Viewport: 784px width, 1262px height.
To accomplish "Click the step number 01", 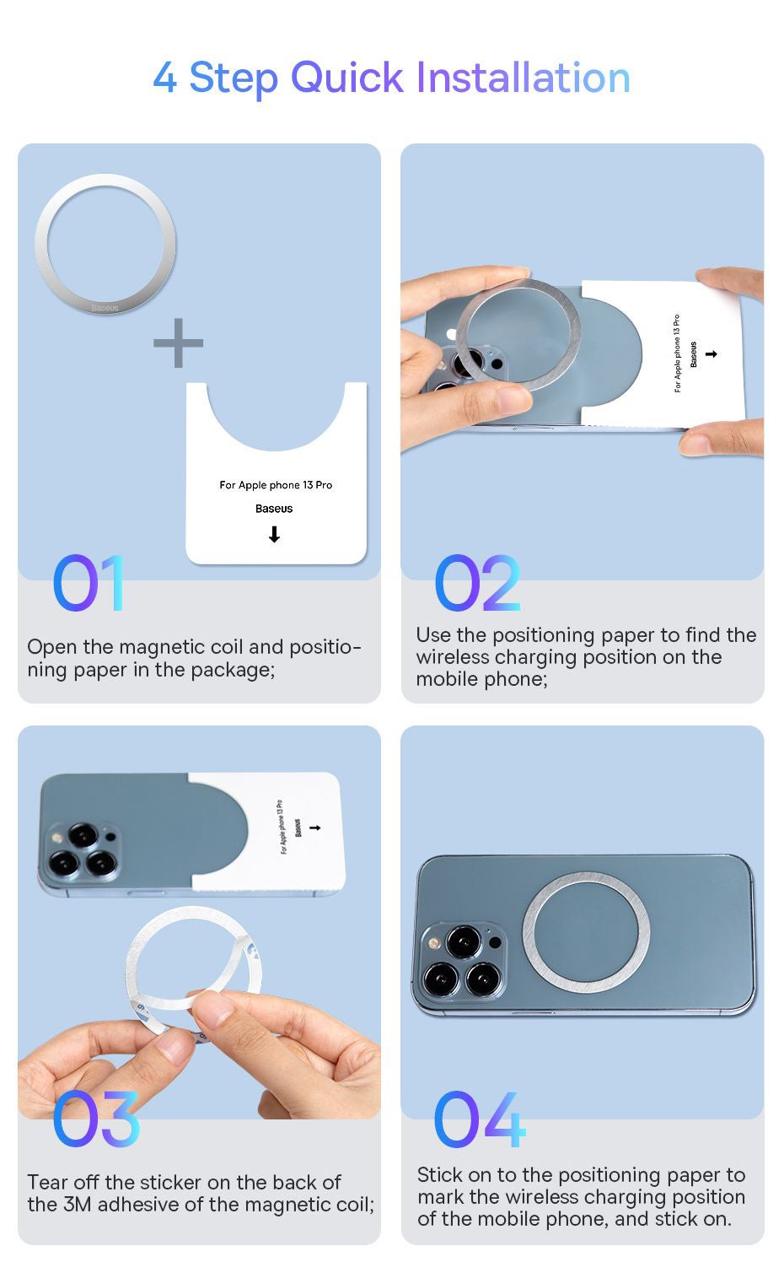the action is tap(89, 583).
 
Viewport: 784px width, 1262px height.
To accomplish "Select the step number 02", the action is tap(477, 583).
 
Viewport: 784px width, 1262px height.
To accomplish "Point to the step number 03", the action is tap(95, 1119).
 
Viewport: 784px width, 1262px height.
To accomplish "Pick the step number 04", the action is tap(480, 1119).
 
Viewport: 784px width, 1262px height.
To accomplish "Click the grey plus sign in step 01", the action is tap(179, 342).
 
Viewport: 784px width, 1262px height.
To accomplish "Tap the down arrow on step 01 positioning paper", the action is tap(274, 533).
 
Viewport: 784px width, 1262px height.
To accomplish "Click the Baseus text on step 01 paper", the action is tap(274, 509).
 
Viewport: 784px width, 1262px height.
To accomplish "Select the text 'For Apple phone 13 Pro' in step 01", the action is tap(276, 485).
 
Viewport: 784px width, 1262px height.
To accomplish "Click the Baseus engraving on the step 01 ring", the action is tap(105, 308).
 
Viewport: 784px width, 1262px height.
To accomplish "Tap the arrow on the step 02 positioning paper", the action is tap(712, 353).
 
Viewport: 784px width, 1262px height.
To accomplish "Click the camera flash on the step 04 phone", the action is tap(432, 942).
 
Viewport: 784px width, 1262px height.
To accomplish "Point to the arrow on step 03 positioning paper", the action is tap(315, 828).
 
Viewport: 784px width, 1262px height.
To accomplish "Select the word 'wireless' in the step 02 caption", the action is tap(453, 657).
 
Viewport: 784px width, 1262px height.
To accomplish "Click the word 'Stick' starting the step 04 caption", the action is tap(439, 1174).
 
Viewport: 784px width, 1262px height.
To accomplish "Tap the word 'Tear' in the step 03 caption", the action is tap(47, 1182).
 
